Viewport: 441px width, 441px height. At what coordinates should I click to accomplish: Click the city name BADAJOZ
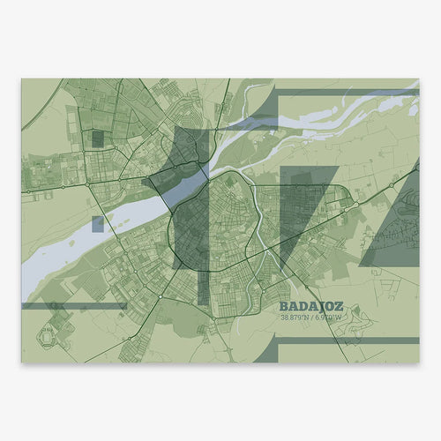[310, 309]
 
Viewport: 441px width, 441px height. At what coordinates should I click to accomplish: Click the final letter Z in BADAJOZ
[340, 309]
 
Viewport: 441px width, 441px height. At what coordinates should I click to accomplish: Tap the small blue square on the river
[97, 224]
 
